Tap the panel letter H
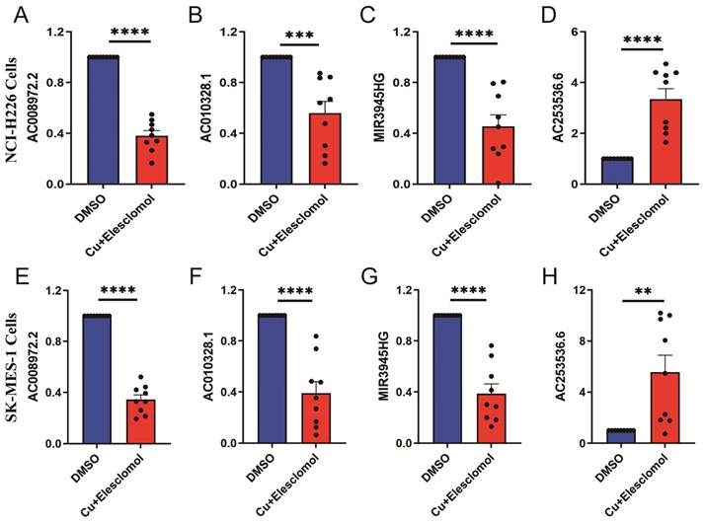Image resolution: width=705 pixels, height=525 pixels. click(558, 272)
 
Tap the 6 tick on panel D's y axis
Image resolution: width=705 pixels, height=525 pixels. click(574, 33)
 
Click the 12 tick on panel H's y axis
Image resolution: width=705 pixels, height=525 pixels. click(572, 290)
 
